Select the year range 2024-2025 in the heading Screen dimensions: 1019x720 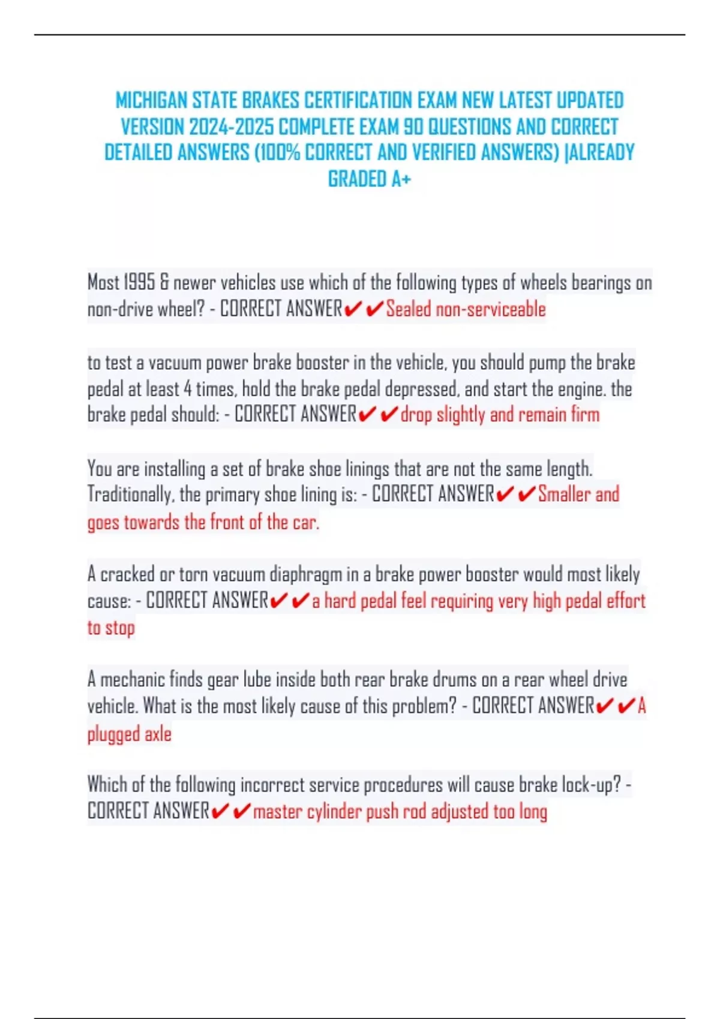click(x=231, y=127)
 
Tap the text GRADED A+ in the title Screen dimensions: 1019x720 click(x=369, y=179)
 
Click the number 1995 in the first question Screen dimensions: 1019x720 click(x=139, y=282)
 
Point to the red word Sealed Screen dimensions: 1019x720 click(x=409, y=309)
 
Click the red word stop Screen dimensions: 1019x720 click(x=120, y=628)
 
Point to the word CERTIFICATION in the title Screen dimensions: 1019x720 click(x=358, y=100)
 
